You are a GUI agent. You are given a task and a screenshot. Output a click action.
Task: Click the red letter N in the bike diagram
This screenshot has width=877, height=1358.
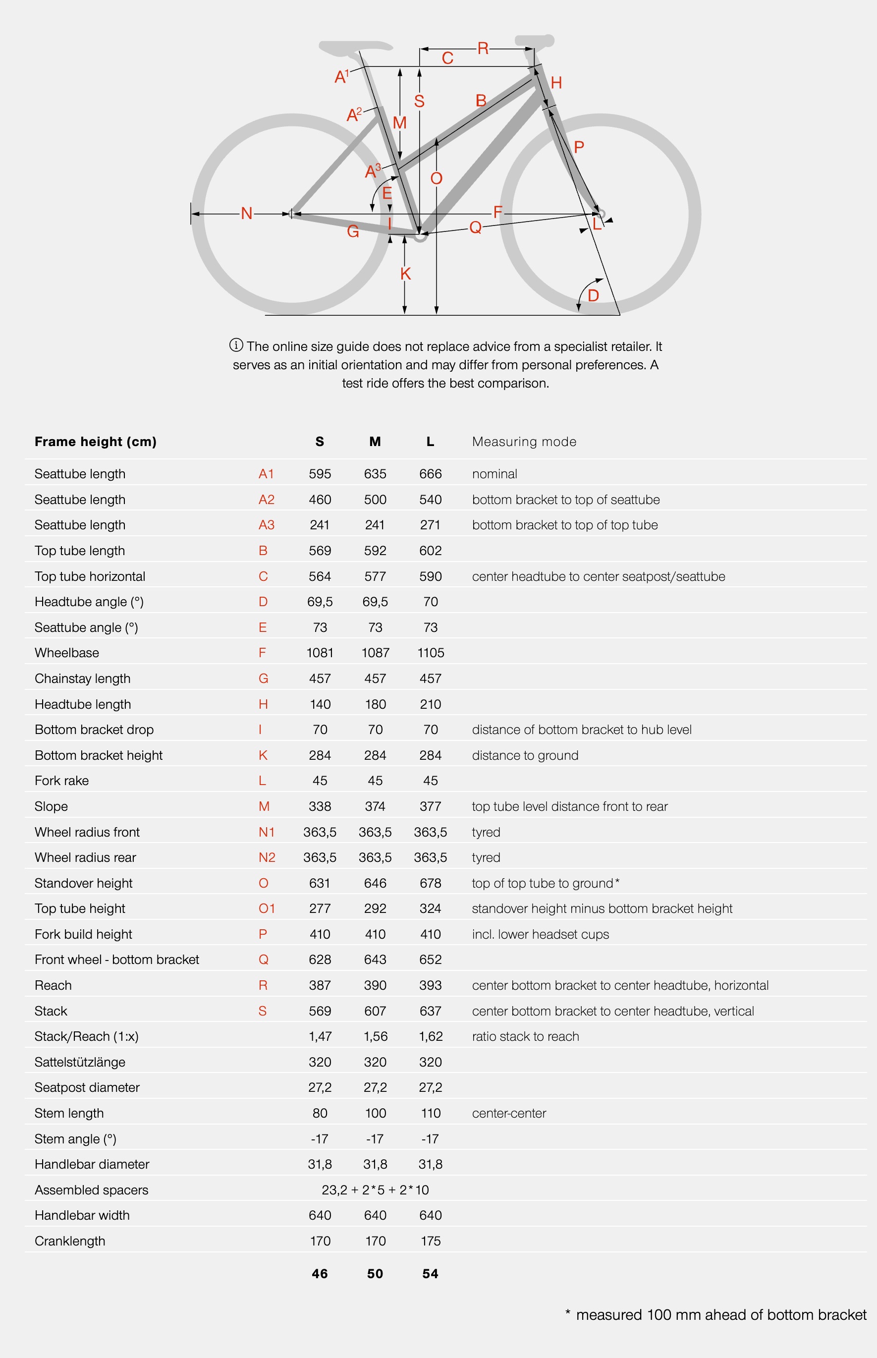click(247, 214)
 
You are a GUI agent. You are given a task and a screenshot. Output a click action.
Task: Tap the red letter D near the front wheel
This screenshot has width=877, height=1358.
click(594, 296)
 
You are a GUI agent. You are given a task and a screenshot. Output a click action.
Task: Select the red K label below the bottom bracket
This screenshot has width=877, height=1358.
click(405, 274)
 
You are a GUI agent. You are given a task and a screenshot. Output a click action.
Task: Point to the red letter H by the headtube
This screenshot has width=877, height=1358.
click(556, 83)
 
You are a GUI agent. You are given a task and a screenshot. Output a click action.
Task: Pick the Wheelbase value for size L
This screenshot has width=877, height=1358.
click(431, 653)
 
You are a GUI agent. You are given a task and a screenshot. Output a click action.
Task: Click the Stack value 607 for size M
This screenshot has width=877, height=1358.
click(375, 1011)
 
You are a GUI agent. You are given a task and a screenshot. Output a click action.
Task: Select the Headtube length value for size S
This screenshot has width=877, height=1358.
click(320, 704)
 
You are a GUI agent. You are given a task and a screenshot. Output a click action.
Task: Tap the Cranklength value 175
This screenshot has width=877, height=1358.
click(431, 1241)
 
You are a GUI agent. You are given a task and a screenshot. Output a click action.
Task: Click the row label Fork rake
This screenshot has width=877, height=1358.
click(61, 781)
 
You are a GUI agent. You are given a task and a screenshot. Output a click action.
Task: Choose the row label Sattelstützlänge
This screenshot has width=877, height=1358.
click(80, 1062)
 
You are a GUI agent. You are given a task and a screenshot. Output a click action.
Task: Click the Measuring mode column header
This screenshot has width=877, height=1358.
click(524, 442)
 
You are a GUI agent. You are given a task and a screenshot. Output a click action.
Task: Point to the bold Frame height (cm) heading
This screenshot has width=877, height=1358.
click(96, 442)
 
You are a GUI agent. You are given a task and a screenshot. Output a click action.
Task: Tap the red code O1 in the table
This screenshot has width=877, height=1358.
click(267, 908)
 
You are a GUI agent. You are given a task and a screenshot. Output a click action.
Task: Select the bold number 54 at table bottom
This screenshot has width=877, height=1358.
click(430, 1274)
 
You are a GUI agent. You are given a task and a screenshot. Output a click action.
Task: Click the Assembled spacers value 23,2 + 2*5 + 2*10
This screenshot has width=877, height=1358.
click(375, 1190)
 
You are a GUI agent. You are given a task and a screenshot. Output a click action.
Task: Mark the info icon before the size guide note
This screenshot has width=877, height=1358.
click(236, 345)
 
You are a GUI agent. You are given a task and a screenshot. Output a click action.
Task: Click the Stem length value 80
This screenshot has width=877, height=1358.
click(320, 1113)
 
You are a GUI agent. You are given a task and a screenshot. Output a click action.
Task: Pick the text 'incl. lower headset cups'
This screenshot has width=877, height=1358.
click(541, 934)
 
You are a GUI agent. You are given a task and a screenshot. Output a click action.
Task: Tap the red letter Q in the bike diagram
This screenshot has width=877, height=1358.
click(476, 228)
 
